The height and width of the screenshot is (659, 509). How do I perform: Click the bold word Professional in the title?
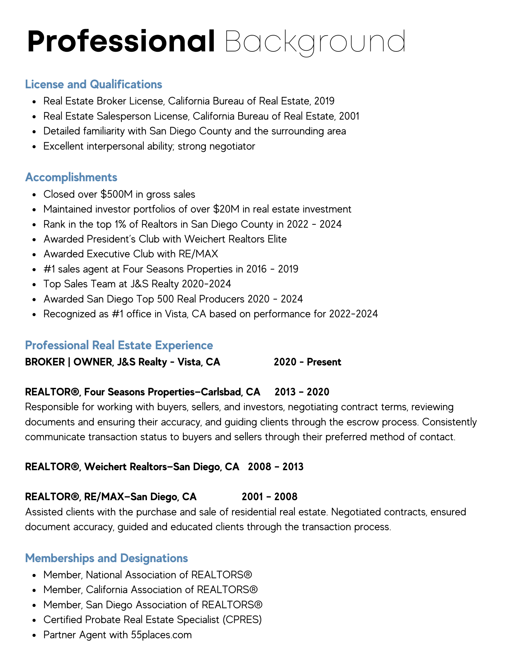click(x=121, y=42)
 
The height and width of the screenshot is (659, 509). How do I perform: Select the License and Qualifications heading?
click(x=94, y=84)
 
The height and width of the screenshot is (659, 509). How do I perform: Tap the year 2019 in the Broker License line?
click(x=324, y=101)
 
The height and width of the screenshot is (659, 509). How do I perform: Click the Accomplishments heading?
click(x=71, y=177)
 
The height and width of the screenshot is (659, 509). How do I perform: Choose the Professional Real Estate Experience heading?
click(x=119, y=345)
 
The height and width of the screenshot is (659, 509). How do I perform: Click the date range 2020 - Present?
click(x=307, y=362)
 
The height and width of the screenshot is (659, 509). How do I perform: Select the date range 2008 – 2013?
click(x=275, y=467)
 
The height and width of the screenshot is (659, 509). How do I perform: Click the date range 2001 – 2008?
click(x=269, y=497)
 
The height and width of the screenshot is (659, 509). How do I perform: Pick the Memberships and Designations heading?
click(x=106, y=558)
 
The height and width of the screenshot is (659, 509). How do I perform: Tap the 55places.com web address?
click(x=161, y=635)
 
